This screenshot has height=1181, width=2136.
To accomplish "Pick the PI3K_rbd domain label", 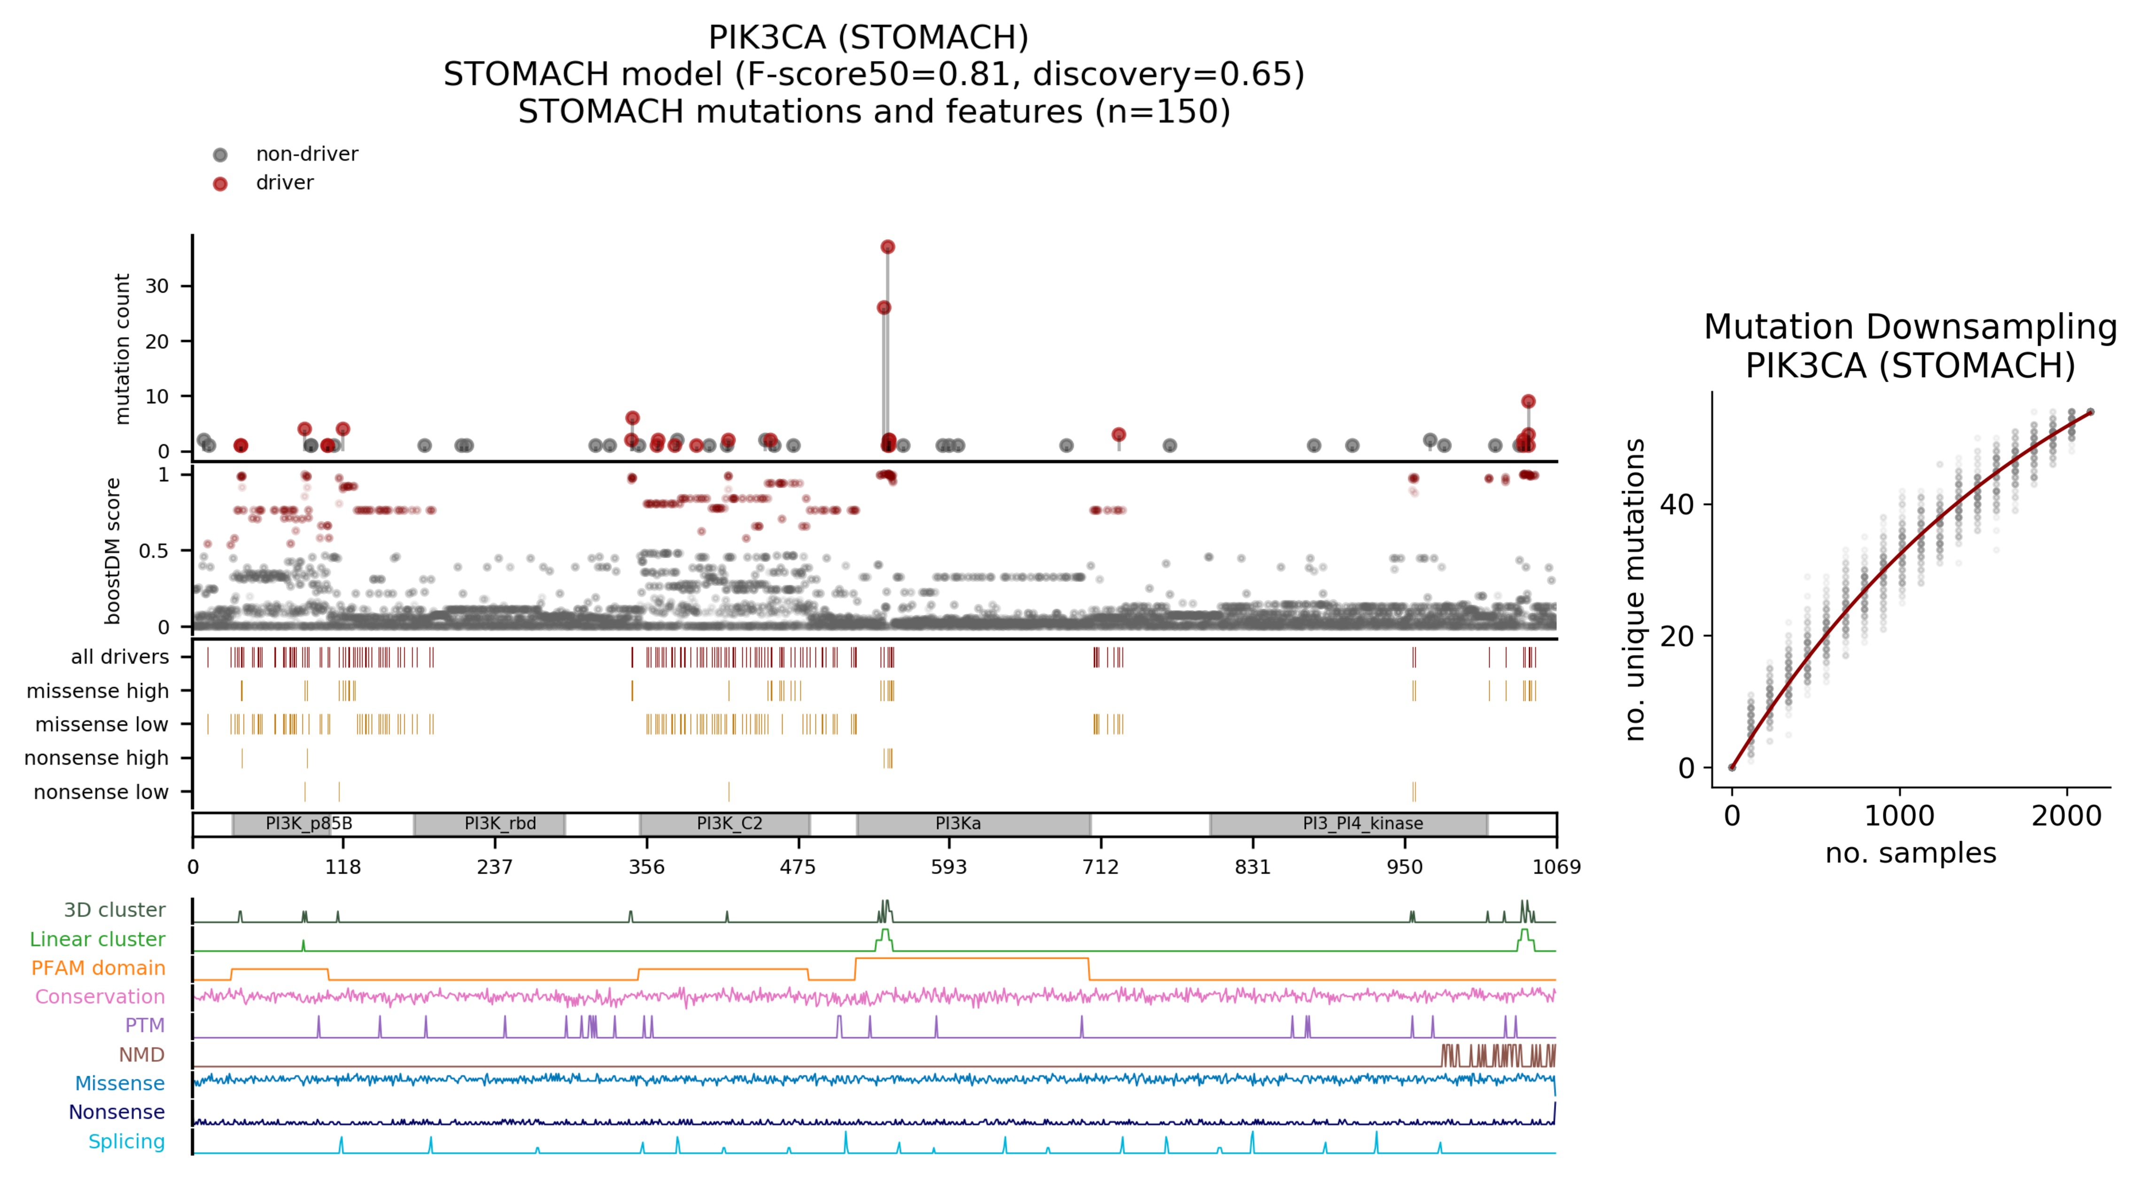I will click(x=500, y=823).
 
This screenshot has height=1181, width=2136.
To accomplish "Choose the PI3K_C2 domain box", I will click(x=724, y=823).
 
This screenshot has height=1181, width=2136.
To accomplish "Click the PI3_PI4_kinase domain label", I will click(x=1362, y=823).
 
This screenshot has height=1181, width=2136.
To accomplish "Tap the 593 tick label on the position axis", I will click(x=948, y=867).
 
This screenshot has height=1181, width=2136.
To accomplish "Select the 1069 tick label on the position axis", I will click(x=1555, y=867).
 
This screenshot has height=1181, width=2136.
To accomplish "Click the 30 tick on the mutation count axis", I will click(x=157, y=286).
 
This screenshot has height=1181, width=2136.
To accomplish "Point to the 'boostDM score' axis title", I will click(x=113, y=551).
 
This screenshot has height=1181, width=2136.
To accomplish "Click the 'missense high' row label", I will click(x=98, y=691).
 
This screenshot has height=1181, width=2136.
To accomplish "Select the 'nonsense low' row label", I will click(x=101, y=792).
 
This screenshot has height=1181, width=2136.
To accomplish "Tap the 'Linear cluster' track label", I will click(x=97, y=939).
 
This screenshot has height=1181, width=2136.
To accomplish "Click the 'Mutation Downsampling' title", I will click(x=1910, y=327).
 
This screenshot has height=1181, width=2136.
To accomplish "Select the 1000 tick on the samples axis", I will click(x=1899, y=816).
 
